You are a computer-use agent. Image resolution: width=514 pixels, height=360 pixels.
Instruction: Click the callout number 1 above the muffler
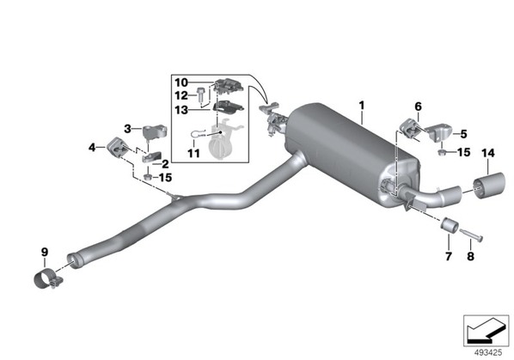[362, 106]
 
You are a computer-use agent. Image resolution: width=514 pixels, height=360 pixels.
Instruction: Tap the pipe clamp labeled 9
[48, 280]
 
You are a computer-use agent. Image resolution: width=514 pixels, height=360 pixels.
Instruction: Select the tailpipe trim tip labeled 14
[489, 186]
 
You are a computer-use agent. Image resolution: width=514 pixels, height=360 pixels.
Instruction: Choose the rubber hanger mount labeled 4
[117, 148]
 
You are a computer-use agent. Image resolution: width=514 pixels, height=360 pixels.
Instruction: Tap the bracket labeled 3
[155, 132]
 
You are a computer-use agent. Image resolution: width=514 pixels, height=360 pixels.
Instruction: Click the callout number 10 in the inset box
[181, 82]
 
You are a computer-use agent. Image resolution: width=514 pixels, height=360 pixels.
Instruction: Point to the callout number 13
[181, 110]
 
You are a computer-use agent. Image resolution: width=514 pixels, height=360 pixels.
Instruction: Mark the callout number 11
[193, 153]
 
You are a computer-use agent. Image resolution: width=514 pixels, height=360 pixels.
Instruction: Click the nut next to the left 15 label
[148, 177]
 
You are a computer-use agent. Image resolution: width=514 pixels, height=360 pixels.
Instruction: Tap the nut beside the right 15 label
[442, 152]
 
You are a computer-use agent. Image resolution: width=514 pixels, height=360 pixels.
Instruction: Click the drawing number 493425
[488, 353]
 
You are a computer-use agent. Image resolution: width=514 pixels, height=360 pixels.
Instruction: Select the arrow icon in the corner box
[486, 331]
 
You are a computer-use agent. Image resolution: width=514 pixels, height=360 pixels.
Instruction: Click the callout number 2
[165, 164]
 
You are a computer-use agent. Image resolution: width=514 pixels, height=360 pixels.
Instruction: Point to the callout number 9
[45, 252]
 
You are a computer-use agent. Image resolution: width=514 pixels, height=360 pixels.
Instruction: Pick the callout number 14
[488, 153]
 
